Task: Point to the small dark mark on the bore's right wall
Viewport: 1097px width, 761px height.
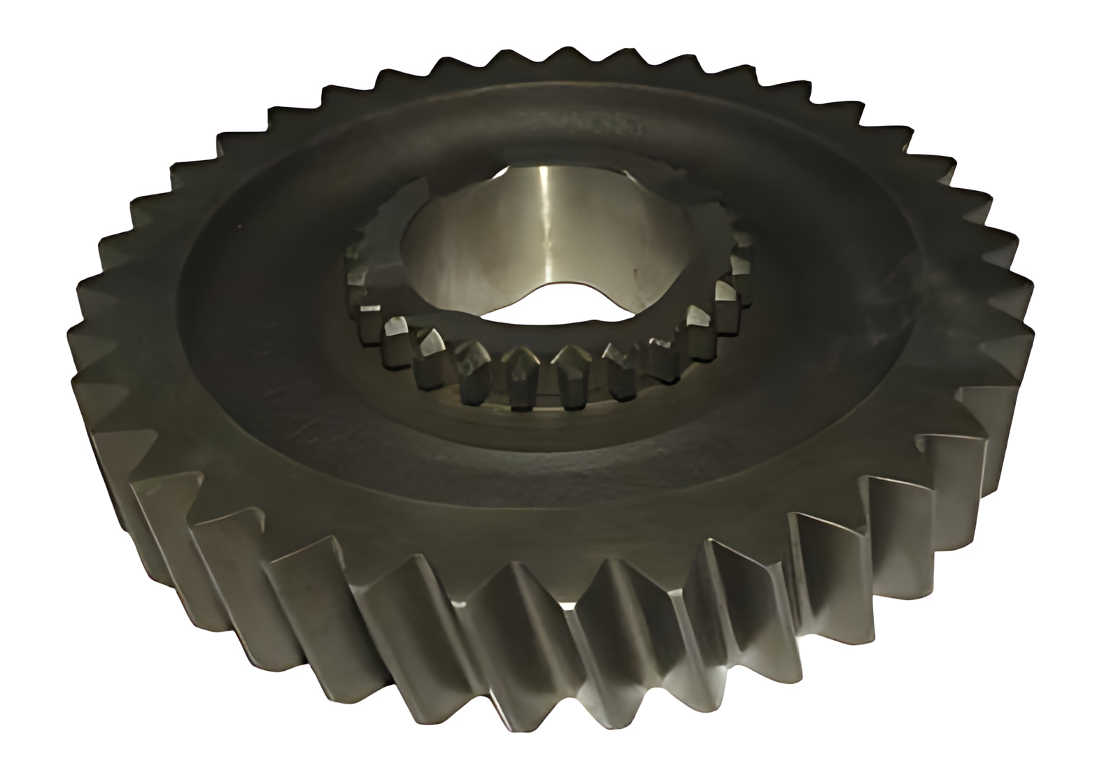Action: click(635, 269)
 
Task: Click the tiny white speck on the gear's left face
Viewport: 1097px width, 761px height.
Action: click(238, 227)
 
